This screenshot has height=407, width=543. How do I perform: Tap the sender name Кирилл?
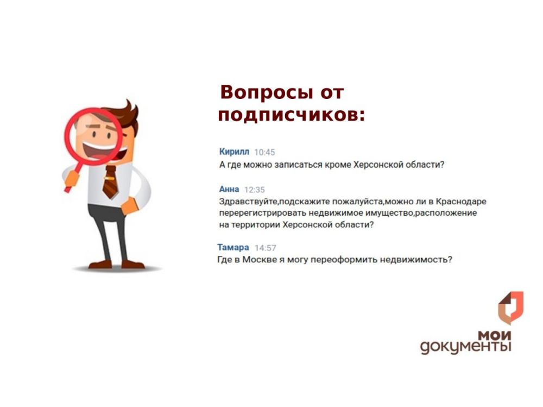coord(234,152)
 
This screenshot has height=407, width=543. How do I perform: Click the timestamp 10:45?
coord(264,152)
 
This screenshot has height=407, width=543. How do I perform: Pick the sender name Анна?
coord(229,189)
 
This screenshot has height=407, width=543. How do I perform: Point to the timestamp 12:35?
coord(254,190)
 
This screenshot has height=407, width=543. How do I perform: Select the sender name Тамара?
coord(233,247)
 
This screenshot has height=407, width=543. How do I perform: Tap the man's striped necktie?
coord(110,181)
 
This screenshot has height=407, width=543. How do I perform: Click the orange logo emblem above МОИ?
coord(510,306)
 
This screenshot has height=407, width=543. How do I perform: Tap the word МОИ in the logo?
coord(494,334)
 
